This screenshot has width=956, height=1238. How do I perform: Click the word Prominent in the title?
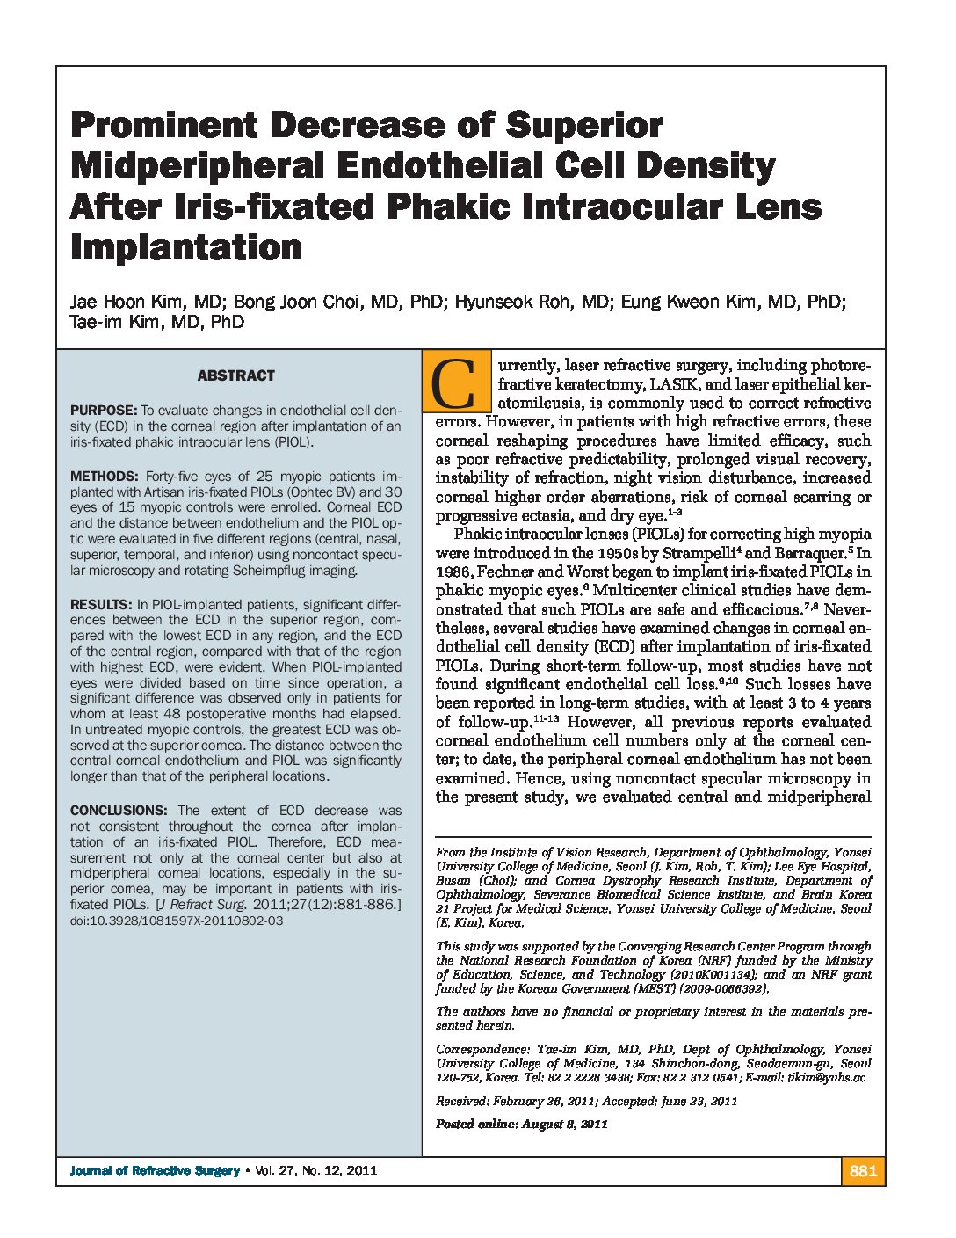(163, 126)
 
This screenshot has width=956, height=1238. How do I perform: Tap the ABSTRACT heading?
(235, 375)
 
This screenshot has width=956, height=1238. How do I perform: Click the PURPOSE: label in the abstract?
(104, 411)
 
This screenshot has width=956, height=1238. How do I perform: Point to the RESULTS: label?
(101, 605)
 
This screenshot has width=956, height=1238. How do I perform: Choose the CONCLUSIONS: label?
(118, 811)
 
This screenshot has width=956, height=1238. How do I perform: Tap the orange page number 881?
(863, 1170)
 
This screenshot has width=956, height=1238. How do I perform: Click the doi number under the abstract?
(177, 921)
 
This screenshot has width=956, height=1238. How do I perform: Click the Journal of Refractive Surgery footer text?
(155, 1170)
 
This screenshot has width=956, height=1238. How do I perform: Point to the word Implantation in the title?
(186, 248)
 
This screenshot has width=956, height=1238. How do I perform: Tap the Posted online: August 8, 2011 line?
(522, 1124)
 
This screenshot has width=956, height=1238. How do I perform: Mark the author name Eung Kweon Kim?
(691, 302)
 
